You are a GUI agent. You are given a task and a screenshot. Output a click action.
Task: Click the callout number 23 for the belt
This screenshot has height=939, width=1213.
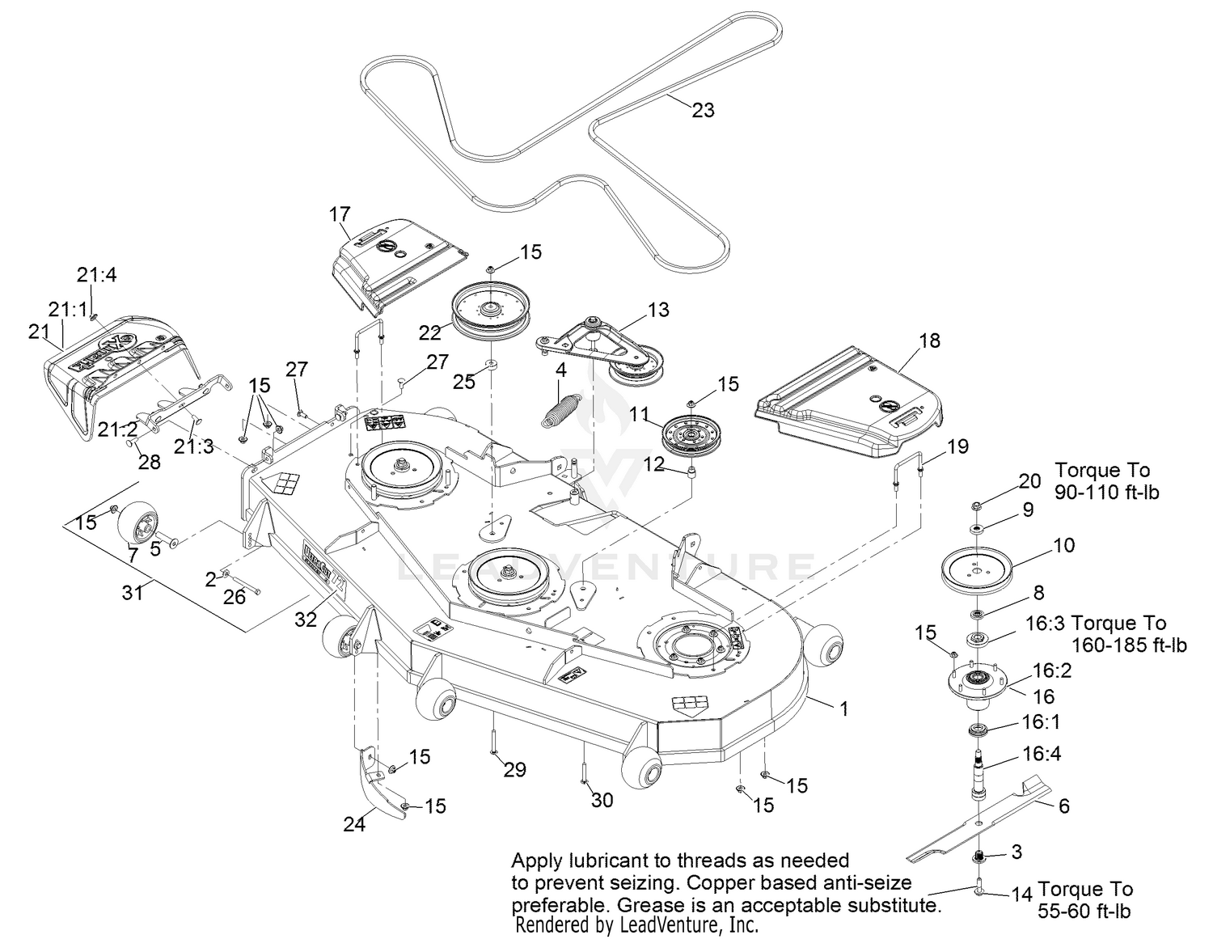tap(704, 110)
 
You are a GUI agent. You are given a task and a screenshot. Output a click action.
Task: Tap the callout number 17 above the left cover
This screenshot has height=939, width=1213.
tap(340, 214)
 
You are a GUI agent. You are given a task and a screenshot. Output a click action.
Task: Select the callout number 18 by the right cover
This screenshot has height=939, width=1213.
tap(930, 340)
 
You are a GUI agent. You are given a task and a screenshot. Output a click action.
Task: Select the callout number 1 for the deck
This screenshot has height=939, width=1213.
tap(844, 709)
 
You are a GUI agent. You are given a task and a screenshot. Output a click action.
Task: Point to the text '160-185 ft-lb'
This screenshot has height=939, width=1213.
tap(1129, 645)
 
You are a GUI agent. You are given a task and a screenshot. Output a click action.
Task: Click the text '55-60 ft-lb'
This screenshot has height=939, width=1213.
tap(1084, 912)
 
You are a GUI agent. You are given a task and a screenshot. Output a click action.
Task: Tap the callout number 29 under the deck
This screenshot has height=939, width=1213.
tap(515, 770)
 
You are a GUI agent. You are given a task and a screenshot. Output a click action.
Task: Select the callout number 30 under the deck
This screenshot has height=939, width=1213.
tap(602, 800)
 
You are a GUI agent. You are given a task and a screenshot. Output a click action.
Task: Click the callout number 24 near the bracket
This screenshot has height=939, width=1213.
tap(354, 824)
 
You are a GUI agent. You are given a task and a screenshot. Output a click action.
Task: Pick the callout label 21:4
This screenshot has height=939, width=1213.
tap(97, 275)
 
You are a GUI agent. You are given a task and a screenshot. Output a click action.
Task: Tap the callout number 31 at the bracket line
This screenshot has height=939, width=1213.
tap(133, 592)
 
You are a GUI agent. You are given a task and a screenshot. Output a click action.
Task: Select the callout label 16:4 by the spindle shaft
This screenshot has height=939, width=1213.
tap(1042, 754)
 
